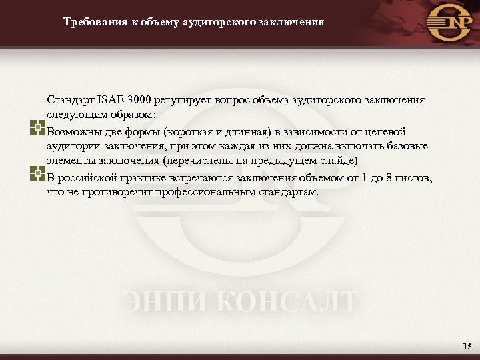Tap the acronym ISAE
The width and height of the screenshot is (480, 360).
tap(110, 101)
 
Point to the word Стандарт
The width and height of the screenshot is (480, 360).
tap(71, 101)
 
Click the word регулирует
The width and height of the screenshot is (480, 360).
tap(180, 101)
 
